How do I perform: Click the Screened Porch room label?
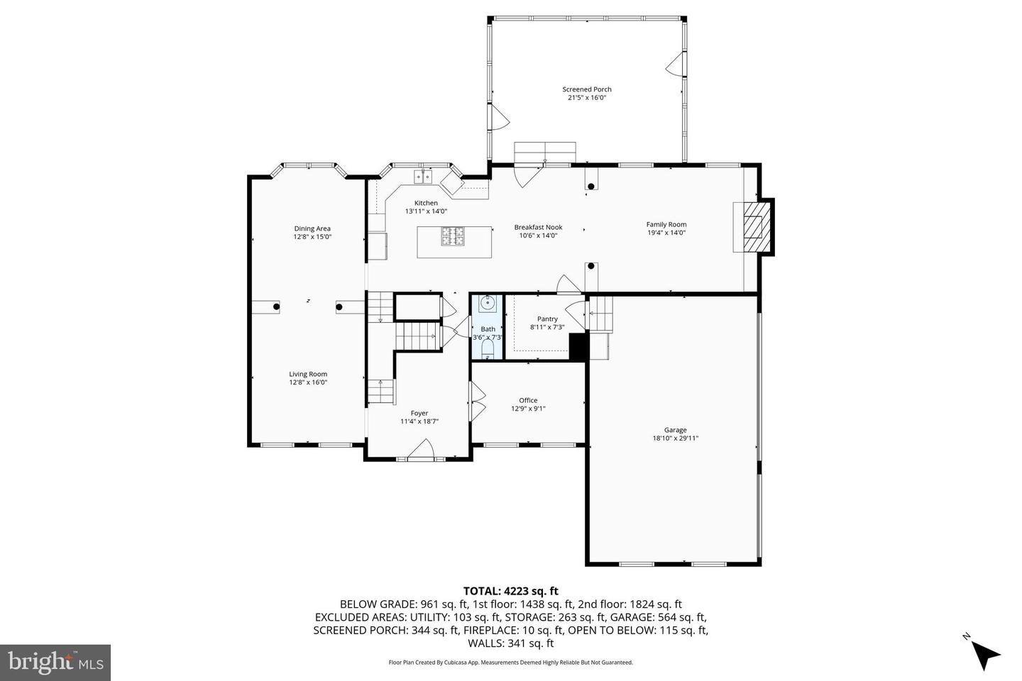point(586,89)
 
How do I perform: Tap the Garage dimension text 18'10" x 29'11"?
point(675,438)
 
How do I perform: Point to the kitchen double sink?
point(424,177)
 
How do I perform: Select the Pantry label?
point(547,319)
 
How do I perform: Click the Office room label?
point(528,400)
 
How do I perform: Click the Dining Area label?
point(312,228)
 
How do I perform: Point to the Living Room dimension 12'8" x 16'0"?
point(308,382)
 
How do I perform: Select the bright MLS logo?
point(55,663)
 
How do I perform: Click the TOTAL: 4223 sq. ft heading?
point(510,590)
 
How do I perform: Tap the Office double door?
point(477,401)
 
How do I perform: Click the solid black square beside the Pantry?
point(579,346)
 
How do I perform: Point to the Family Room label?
point(666,225)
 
